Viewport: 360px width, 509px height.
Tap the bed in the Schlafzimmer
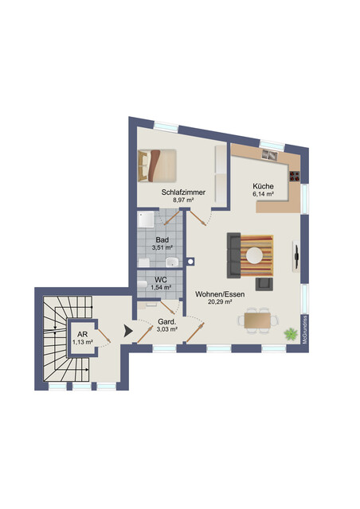tap(158, 165)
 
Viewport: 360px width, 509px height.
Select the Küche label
tap(264, 185)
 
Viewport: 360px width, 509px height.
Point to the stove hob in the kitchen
tap(295, 175)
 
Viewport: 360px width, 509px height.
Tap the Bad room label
tap(162, 239)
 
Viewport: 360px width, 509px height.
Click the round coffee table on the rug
tap(254, 254)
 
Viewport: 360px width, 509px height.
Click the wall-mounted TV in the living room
tap(296, 255)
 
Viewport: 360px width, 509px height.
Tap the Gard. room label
tap(166, 321)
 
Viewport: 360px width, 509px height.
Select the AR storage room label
tap(83, 333)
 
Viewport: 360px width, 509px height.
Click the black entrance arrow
tap(126, 330)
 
